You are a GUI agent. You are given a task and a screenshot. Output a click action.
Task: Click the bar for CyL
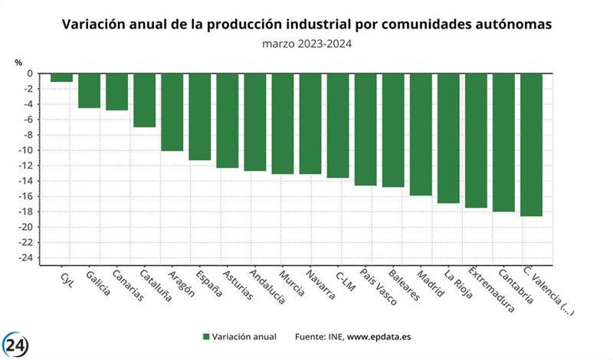tap(61, 77)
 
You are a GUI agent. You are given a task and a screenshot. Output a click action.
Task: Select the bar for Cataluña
tap(144, 100)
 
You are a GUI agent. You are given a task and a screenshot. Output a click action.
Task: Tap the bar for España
tap(199, 116)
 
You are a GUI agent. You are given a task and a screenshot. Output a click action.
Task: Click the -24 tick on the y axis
tap(26, 257)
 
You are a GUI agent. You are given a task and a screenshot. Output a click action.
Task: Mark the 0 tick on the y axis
tap(30, 74)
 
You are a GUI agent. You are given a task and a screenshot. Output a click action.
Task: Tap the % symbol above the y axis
tap(18, 62)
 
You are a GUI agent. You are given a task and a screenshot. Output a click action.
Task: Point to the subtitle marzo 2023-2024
tap(306, 44)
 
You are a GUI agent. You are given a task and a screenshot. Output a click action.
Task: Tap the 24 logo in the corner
tap(16, 345)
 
